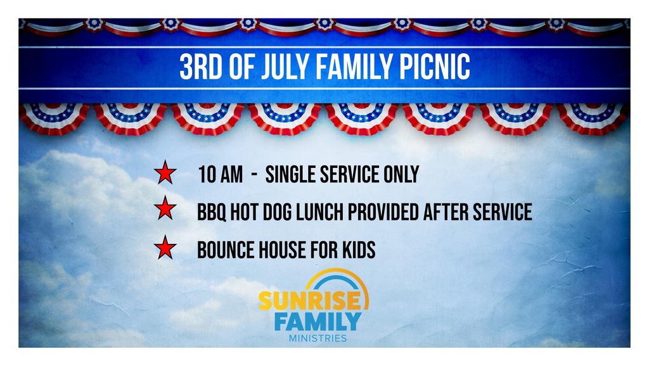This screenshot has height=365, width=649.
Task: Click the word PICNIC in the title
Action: pyautogui.click(x=435, y=66)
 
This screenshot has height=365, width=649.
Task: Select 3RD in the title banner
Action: pyautogui.click(x=201, y=66)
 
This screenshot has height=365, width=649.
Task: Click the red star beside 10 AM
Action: pyautogui.click(x=165, y=172)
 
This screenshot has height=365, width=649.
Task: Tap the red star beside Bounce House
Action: pyautogui.click(x=165, y=248)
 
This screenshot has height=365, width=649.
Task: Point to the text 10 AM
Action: pyautogui.click(x=220, y=174)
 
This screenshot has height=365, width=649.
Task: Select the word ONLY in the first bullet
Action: pyautogui.click(x=401, y=174)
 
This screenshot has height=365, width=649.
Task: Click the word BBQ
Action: pyautogui.click(x=212, y=212)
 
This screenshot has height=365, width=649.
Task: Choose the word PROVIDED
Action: pyautogui.click(x=383, y=212)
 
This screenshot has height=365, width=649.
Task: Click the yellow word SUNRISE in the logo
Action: pyautogui.click(x=310, y=301)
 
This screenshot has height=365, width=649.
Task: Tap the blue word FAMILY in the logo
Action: pyautogui.click(x=318, y=321)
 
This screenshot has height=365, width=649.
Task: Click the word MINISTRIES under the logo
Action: pyautogui.click(x=318, y=338)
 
